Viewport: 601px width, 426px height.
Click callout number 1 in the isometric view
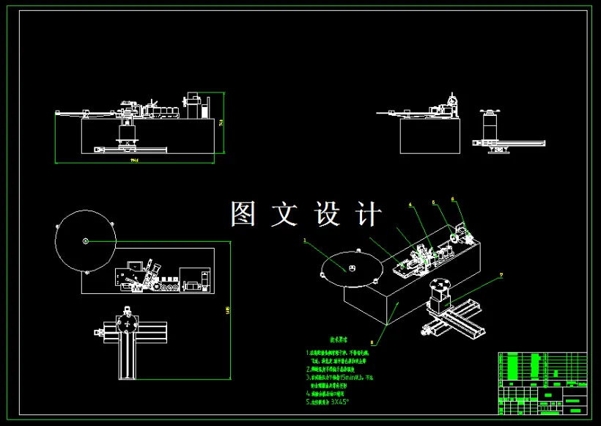pyautogui.click(x=305, y=240)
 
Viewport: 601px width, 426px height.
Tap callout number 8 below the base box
pyautogui.click(x=372, y=342)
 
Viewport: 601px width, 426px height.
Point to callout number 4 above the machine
pyautogui.click(x=410, y=205)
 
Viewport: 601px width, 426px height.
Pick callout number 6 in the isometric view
pyautogui.click(x=453, y=199)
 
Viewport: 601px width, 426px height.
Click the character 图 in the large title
pyautogui.click(x=243, y=214)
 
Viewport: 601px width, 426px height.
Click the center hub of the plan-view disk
pyautogui.click(x=86, y=240)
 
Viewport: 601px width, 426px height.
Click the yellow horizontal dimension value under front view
pyautogui.click(x=134, y=160)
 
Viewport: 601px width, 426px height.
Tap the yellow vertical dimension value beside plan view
pyautogui.click(x=228, y=311)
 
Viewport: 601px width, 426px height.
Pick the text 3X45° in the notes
pyautogui.click(x=339, y=402)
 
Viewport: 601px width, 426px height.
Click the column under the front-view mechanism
pyautogui.click(x=128, y=133)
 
